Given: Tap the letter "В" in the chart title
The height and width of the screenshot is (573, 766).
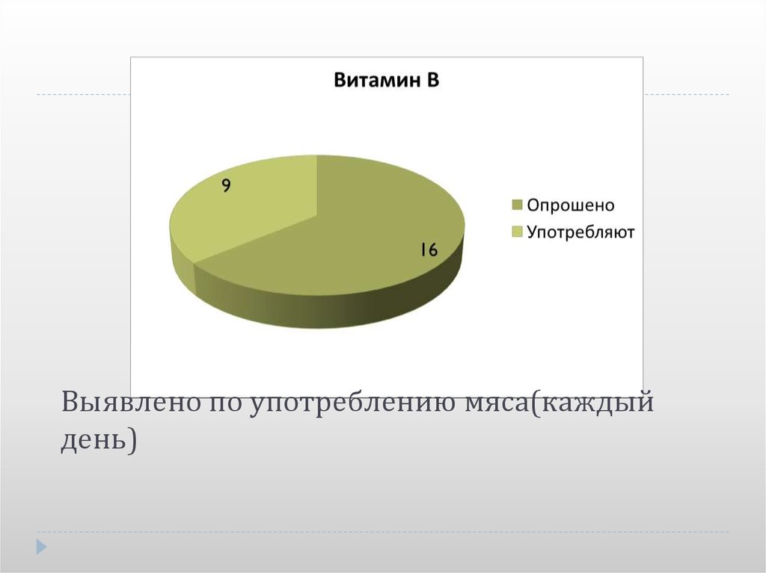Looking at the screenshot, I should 432,81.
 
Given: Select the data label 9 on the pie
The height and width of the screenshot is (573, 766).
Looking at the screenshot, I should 225,186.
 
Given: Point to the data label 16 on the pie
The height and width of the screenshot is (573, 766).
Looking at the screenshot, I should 428,250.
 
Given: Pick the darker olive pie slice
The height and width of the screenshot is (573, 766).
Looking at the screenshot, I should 352,239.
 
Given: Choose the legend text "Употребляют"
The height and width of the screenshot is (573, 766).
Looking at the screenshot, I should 580,232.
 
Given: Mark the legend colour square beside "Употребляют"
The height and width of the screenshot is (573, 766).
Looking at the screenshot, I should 517,233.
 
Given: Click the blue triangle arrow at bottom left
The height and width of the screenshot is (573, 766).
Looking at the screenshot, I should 42,546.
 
